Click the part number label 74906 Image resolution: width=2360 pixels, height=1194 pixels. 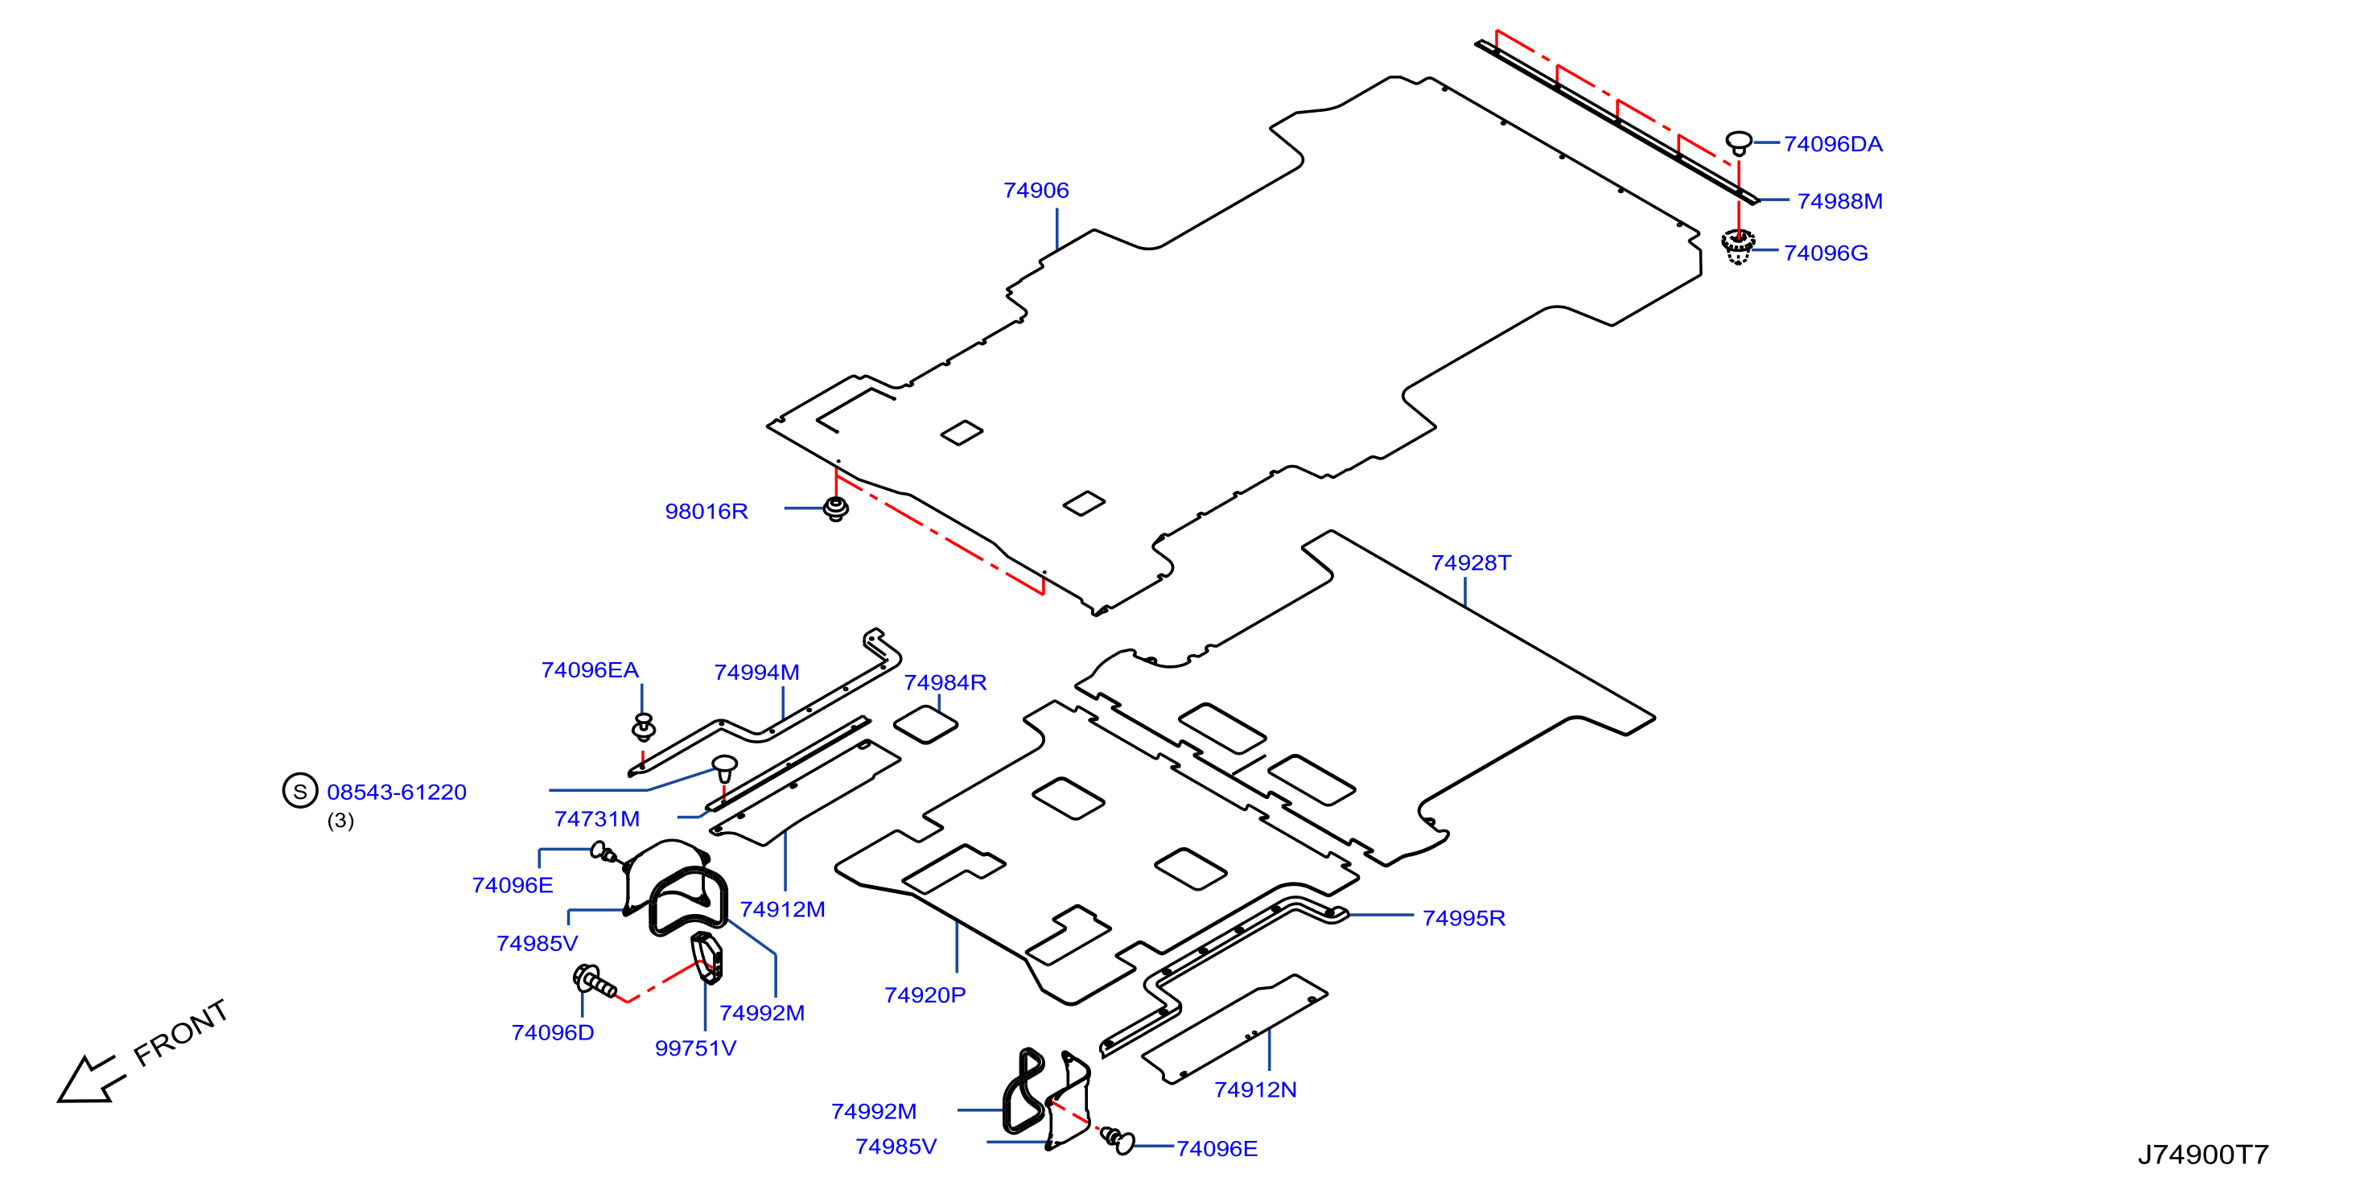(1036, 191)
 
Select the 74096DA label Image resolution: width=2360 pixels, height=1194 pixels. (1832, 144)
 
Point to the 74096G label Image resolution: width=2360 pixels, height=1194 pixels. (1825, 253)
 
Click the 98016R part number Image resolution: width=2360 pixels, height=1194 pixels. (706, 512)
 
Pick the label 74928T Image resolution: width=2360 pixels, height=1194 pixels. (1470, 562)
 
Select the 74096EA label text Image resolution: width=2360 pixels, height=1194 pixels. (589, 670)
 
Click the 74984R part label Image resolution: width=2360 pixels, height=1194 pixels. (945, 682)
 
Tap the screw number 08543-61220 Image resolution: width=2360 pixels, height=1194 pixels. (396, 792)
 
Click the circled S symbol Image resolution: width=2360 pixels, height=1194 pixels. (299, 791)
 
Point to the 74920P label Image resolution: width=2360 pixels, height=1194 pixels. (925, 995)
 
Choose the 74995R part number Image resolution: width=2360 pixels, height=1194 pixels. (1463, 918)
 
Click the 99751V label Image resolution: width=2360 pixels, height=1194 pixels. (694, 1048)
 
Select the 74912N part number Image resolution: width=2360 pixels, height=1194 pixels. (1254, 1089)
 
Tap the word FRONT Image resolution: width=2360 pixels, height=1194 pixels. (180, 1033)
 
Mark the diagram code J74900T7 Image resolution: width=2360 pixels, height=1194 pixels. (2202, 1155)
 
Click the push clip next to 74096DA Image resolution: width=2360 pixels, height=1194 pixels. (1738, 143)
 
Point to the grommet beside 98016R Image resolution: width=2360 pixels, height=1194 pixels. (835, 508)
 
